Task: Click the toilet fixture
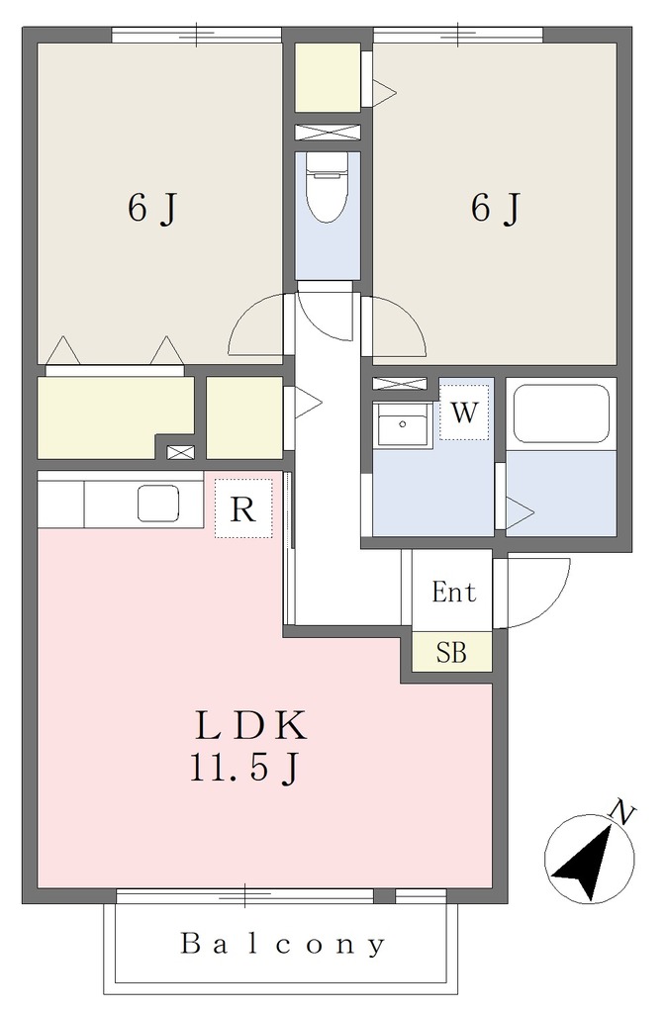pyautogui.click(x=327, y=187)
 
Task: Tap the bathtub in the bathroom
pyautogui.click(x=561, y=414)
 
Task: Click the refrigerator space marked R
pyautogui.click(x=243, y=508)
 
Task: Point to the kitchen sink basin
pyautogui.click(x=158, y=504)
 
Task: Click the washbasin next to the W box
pyautogui.click(x=402, y=424)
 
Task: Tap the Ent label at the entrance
pyautogui.click(x=453, y=592)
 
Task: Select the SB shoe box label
pyautogui.click(x=451, y=653)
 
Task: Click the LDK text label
pyautogui.click(x=250, y=725)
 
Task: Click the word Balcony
pyautogui.click(x=283, y=945)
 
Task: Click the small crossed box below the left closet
pyautogui.click(x=180, y=452)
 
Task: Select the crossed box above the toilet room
pyautogui.click(x=327, y=132)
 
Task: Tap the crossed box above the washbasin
pyautogui.click(x=400, y=383)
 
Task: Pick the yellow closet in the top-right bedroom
pyautogui.click(x=328, y=77)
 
